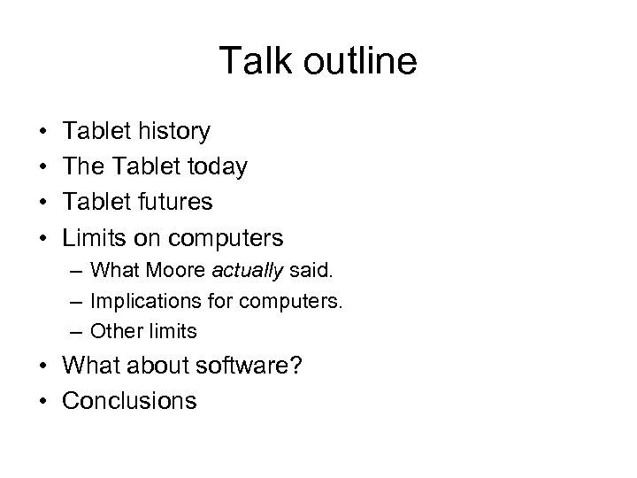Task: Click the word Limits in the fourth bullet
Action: click(x=92, y=237)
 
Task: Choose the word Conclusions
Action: click(x=129, y=401)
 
